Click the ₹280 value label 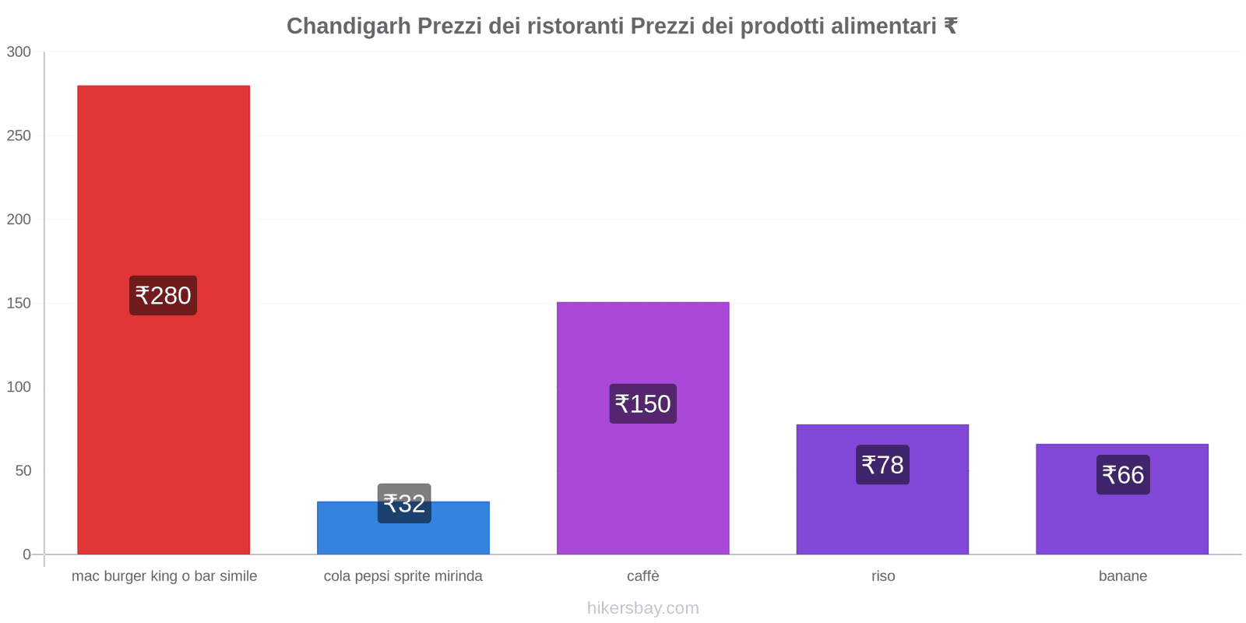[x=163, y=295]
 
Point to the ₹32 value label [x=404, y=503]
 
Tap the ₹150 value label [x=642, y=403]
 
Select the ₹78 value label [x=882, y=465]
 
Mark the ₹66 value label [x=1123, y=474]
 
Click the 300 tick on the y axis [x=19, y=52]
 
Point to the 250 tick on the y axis [x=19, y=136]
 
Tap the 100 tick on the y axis [x=19, y=387]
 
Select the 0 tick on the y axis [x=26, y=554]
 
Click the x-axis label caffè [x=642, y=576]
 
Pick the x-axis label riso [x=883, y=576]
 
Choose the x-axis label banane [x=1122, y=576]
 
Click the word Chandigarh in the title [x=348, y=26]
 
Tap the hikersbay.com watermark [x=642, y=608]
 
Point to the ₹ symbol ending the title [x=950, y=26]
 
